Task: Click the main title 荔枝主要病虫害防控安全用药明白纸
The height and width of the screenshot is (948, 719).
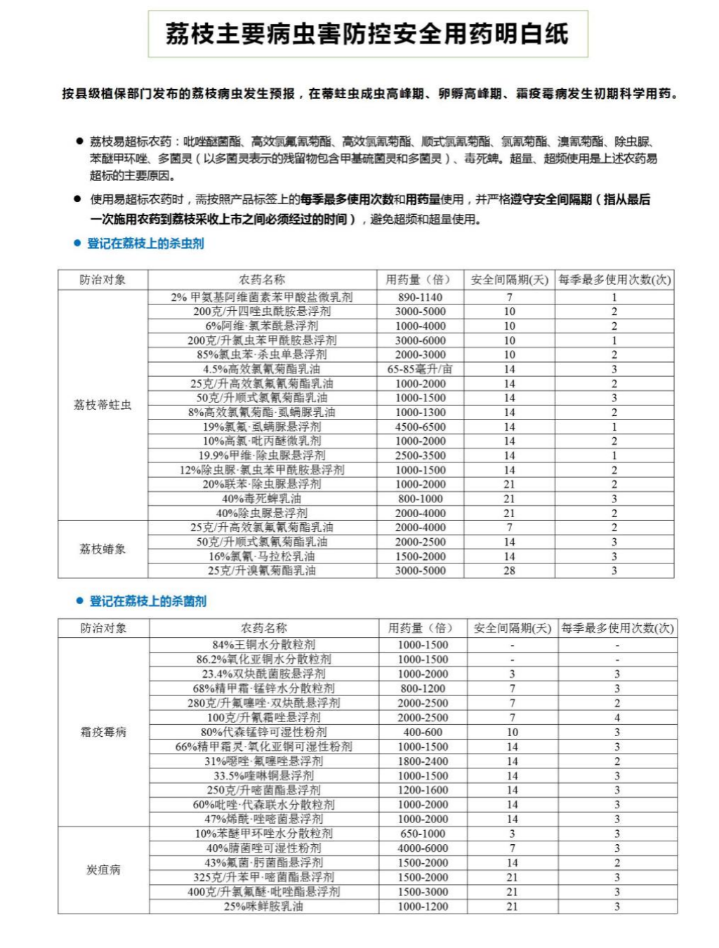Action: point(367,34)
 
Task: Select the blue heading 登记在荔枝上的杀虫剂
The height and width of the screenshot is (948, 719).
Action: point(145,243)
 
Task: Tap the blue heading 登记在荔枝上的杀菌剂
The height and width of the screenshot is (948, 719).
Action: point(147,601)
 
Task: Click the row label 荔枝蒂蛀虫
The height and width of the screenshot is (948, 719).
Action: point(103,405)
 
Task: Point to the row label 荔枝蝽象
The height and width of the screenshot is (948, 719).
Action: point(103,549)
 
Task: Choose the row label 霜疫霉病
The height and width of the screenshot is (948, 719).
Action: point(103,732)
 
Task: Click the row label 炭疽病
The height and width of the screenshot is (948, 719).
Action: point(103,869)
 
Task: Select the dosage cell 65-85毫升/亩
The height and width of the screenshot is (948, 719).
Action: point(420,369)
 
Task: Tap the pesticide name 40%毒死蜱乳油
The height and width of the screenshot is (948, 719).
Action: point(262,498)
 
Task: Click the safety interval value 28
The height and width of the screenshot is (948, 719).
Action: point(509,570)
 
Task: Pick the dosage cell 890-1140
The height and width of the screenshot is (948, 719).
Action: point(420,297)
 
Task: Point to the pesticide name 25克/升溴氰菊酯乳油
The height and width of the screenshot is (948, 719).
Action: point(262,570)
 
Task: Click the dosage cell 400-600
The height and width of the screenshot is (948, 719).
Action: point(423,732)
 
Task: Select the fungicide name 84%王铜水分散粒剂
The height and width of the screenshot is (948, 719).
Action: point(264,644)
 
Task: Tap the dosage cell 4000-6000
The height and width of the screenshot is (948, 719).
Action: point(423,848)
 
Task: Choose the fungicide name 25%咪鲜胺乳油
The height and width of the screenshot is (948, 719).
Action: point(264,906)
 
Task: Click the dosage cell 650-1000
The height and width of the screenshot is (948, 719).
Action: point(423,834)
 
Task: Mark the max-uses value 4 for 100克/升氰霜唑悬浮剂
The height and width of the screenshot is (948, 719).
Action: point(617,717)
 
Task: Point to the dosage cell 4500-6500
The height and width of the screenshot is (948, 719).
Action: point(420,427)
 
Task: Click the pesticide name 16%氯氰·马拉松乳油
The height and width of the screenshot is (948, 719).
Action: point(262,556)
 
